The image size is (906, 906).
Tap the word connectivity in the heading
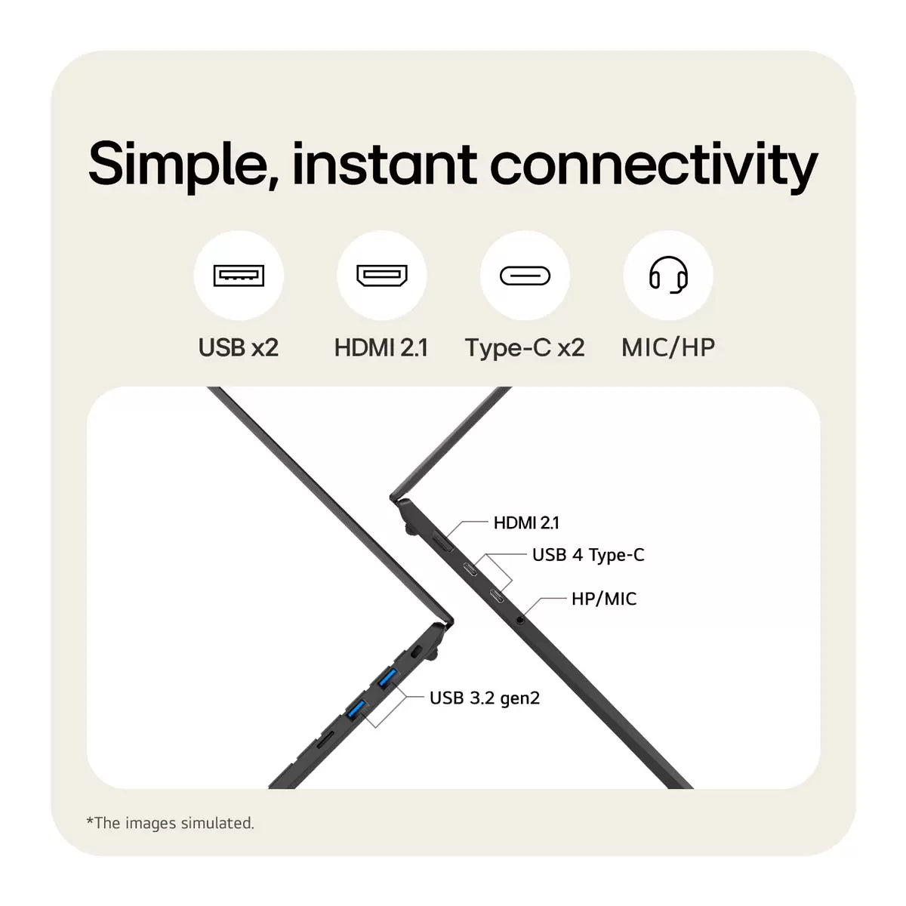[x=655, y=166]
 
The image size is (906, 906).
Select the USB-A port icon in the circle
[x=239, y=276]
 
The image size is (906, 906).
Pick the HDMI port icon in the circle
[x=382, y=276]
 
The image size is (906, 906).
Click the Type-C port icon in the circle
[x=525, y=276]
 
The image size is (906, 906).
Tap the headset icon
[x=668, y=275]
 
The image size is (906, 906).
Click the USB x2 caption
[x=239, y=348]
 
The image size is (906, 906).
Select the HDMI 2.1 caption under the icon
[x=381, y=348]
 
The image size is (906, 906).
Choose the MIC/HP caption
[x=668, y=348]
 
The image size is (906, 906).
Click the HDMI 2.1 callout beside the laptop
[x=526, y=522]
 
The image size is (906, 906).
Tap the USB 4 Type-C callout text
[x=588, y=556]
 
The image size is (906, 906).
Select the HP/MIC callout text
[x=604, y=599]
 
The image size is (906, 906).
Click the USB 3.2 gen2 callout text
[x=485, y=698]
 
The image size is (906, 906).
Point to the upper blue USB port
[x=388, y=678]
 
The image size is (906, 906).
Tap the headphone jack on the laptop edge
[x=519, y=620]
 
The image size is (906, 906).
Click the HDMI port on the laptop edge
[x=443, y=541]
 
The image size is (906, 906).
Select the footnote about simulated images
[x=170, y=823]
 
